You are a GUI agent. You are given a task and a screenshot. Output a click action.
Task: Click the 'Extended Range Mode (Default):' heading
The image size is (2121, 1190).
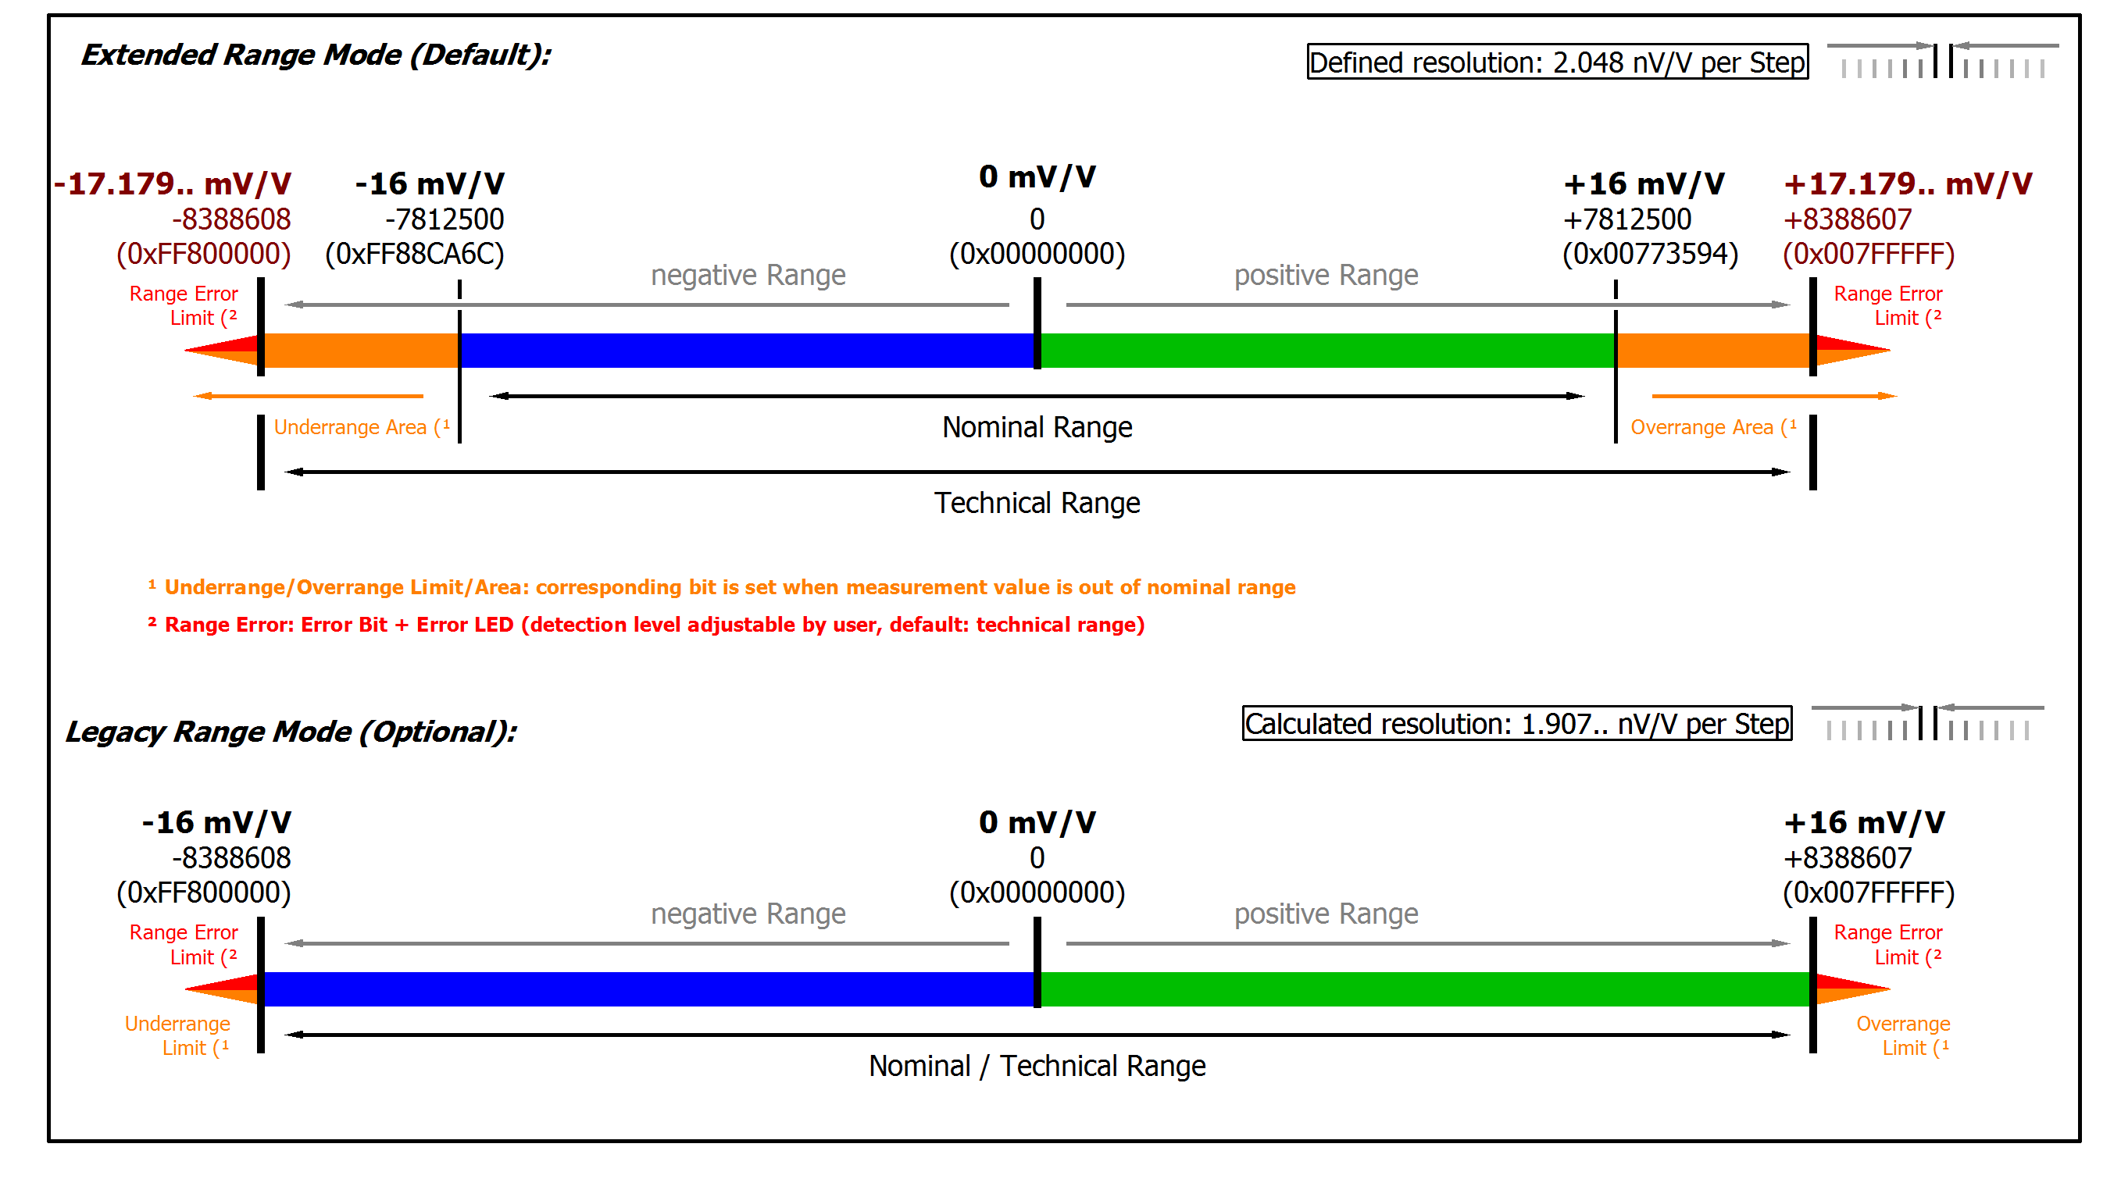point(316,55)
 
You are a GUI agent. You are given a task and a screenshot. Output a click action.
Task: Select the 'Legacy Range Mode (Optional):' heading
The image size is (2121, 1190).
point(291,732)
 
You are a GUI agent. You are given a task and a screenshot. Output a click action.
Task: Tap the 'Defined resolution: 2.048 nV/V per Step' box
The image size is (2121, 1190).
point(1557,62)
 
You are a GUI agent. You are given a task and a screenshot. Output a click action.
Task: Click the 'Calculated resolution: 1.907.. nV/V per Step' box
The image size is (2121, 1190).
point(1516,724)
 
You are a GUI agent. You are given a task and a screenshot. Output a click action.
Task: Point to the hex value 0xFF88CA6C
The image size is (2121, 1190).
point(414,255)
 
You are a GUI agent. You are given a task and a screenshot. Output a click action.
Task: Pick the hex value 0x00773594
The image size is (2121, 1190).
point(1650,255)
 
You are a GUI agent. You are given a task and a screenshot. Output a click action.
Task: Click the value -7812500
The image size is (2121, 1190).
point(444,219)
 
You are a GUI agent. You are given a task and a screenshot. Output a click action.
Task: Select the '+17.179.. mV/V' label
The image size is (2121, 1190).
point(1907,183)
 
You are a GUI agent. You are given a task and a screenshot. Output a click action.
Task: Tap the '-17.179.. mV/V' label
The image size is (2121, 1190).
point(173,183)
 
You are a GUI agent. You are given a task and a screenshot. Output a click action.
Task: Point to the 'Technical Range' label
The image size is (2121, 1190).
point(1037,503)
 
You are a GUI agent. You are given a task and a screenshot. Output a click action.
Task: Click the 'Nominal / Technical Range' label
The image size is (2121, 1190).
point(1037,1067)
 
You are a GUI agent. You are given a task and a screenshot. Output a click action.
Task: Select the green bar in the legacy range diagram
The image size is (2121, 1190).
point(1424,989)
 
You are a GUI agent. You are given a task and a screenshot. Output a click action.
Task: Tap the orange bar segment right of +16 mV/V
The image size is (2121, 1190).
point(1712,351)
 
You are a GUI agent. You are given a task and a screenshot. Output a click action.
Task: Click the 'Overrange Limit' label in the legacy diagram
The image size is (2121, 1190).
point(1903,1036)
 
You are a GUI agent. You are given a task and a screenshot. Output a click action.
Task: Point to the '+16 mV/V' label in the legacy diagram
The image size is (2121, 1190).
point(1863,823)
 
